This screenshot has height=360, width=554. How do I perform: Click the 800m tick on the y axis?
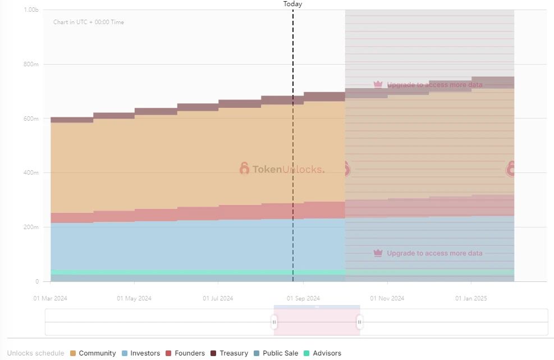(x=31, y=65)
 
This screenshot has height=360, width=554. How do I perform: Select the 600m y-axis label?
(x=31, y=119)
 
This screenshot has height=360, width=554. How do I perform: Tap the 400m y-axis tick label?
(x=31, y=173)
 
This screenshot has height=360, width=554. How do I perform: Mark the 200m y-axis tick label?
(x=31, y=227)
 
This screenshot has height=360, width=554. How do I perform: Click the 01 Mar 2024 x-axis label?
(x=50, y=298)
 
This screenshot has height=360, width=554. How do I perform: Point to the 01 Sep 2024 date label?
(x=303, y=298)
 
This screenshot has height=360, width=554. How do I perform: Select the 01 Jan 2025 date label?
(x=471, y=298)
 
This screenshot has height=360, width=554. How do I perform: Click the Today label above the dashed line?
(x=292, y=4)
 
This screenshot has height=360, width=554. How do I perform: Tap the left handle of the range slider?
(x=274, y=322)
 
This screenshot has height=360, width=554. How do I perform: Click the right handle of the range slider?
(x=360, y=322)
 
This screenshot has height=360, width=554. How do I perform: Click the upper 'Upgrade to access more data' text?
(x=434, y=85)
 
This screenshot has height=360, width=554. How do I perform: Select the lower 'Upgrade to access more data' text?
(x=434, y=253)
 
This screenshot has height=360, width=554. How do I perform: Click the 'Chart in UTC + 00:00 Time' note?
(x=89, y=22)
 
